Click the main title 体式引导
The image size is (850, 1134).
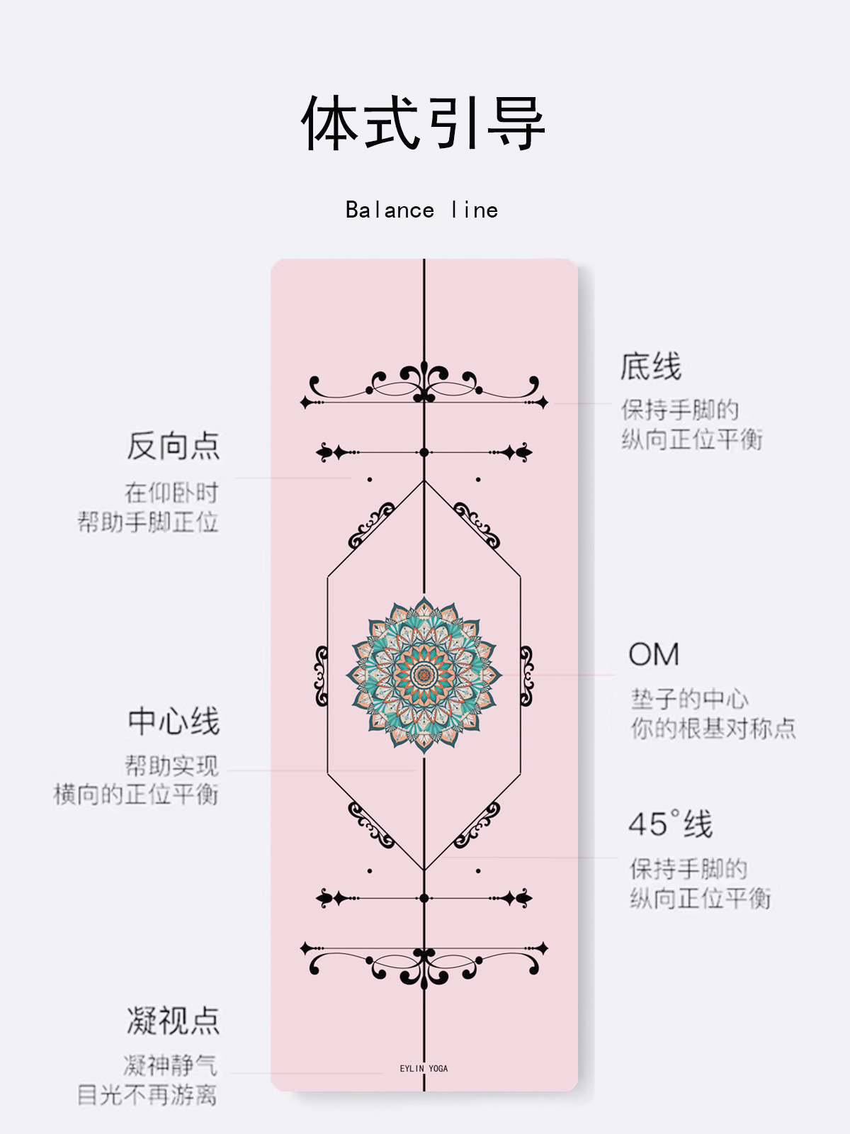click(x=423, y=123)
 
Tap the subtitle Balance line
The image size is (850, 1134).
click(x=422, y=210)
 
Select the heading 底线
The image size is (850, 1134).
click(x=650, y=367)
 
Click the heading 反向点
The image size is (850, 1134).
click(x=174, y=446)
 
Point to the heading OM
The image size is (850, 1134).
click(x=654, y=654)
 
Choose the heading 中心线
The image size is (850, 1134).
click(x=174, y=722)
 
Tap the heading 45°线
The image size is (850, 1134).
click(x=670, y=824)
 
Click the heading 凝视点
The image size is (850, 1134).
click(x=174, y=1021)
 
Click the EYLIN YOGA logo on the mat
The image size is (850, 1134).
click(x=424, y=1068)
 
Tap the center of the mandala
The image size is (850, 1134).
click(x=424, y=674)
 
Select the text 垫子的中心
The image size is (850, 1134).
click(x=689, y=699)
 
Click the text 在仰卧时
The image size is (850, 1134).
click(x=171, y=493)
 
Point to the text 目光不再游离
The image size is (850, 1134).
click(x=147, y=1095)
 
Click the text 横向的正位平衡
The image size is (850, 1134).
click(x=136, y=795)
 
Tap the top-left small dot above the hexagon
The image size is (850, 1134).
click(x=370, y=480)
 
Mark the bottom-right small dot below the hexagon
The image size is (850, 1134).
click(x=478, y=870)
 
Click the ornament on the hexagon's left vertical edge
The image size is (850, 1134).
click(x=322, y=675)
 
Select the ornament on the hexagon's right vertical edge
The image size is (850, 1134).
click(x=526, y=675)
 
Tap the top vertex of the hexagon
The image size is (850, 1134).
click(x=424, y=481)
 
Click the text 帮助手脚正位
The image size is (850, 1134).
click(x=147, y=522)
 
